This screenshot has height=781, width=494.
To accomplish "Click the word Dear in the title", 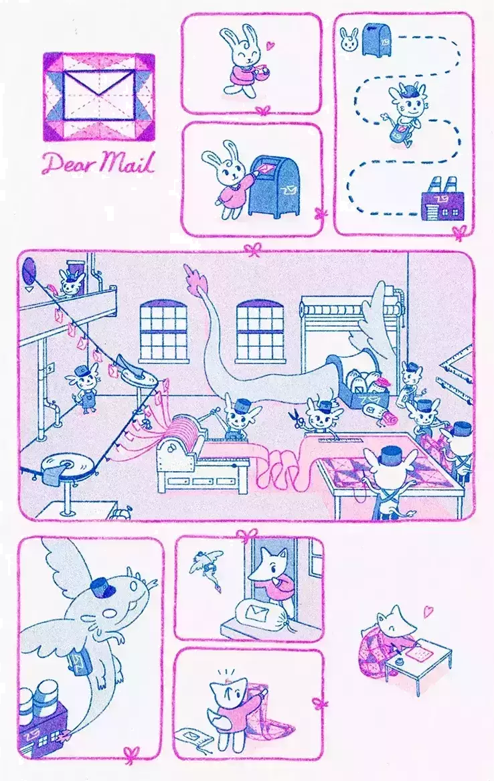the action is point(66,163).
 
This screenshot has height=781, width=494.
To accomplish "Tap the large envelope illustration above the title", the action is point(99,96).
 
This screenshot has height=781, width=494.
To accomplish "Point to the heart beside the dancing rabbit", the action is point(269,46).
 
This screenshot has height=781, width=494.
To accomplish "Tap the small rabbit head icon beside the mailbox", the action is point(349,39).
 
